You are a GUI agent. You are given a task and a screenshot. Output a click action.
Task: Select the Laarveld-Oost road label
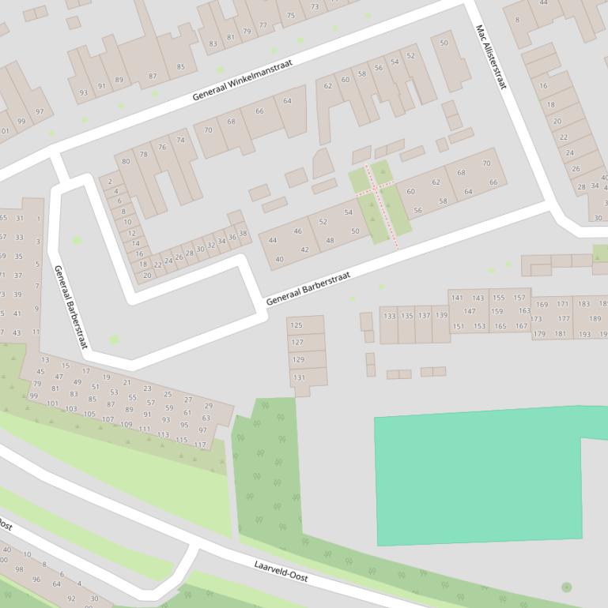pos(281,571)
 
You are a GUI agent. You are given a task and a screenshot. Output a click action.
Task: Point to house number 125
pos(296,325)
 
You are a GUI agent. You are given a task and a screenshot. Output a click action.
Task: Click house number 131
pos(299,377)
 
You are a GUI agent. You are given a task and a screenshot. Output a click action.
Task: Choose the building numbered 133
pos(389,316)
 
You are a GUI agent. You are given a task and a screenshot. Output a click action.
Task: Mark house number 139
pos(441,315)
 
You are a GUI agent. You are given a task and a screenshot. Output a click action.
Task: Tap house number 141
pos(457,298)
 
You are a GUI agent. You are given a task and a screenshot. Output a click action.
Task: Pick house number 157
pos(519,298)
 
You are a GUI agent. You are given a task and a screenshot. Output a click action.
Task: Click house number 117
pos(200,445)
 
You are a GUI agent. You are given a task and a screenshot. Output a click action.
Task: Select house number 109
pos(127,424)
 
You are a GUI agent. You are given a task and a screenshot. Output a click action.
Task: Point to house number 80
pos(126,162)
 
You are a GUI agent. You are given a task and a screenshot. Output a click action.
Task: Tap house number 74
pos(181,140)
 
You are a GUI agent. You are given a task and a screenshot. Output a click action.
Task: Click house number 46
pos(297,231)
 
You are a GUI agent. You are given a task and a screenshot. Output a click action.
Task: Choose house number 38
pos(243,234)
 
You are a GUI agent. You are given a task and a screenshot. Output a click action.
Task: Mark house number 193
pos(584,334)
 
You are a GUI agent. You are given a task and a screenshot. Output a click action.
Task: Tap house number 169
pos(542,304)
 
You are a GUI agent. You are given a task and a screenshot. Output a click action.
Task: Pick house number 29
pos(208,406)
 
